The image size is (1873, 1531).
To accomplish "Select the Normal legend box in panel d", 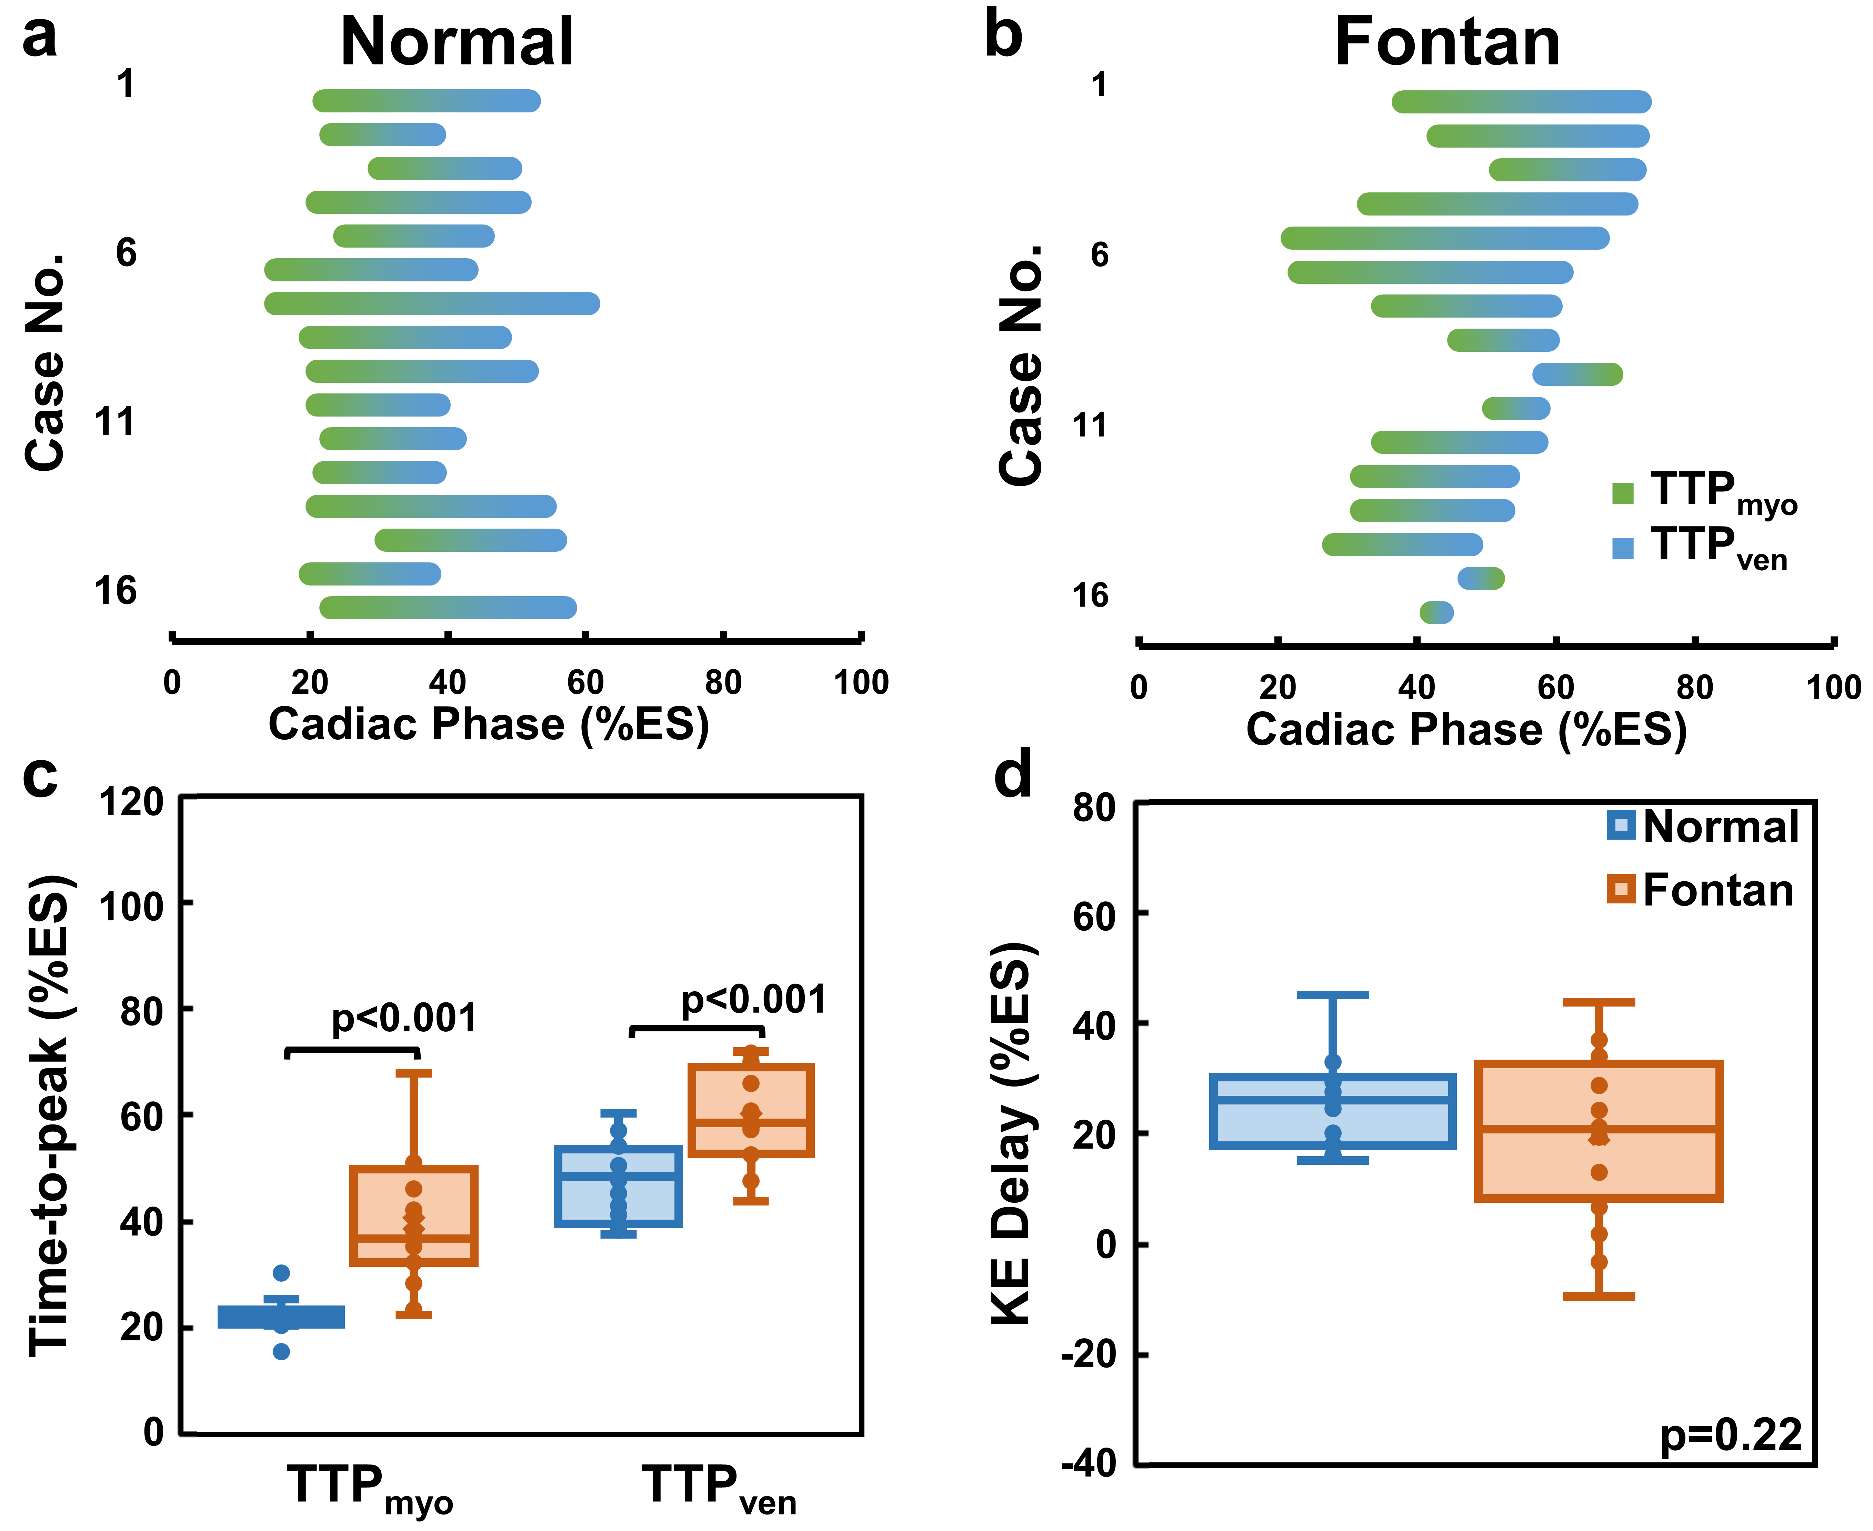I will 1621,824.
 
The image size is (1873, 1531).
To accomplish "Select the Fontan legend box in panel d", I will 1621,889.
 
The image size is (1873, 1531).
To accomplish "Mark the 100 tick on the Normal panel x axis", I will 861,682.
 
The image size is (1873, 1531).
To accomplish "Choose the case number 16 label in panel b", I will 1090,595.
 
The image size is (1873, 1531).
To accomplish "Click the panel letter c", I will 40,776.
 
